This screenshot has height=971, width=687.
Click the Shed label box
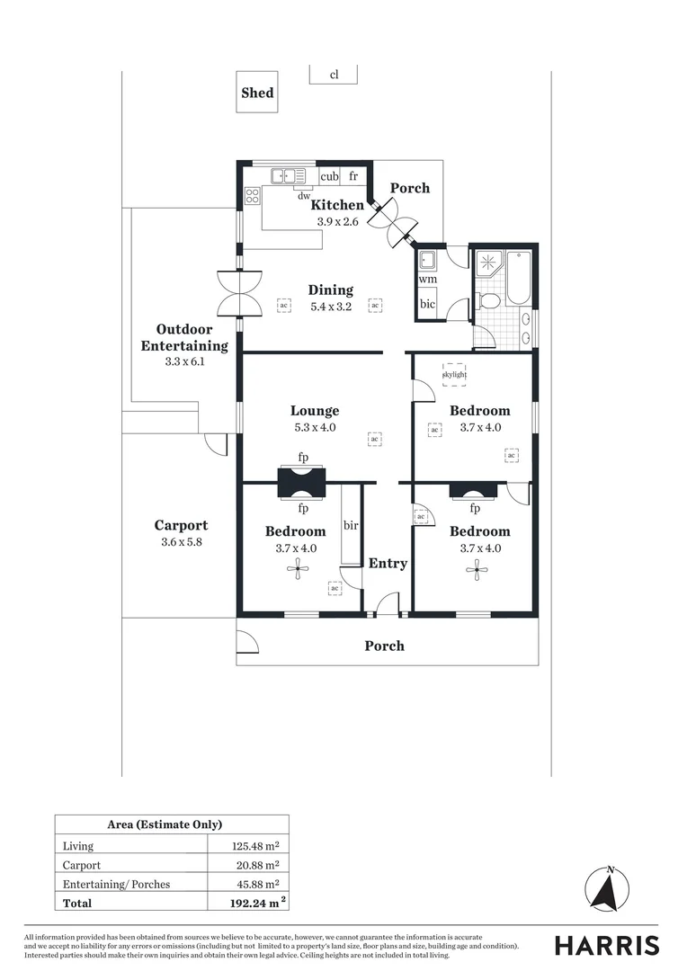pos(257,93)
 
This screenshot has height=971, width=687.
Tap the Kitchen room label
pos(337,205)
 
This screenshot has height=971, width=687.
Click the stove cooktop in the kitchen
pos(253,195)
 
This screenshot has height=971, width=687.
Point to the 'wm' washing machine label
pos(427,280)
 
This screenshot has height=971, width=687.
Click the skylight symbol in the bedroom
pos(454,373)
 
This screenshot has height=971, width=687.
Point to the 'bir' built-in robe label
pos(351,524)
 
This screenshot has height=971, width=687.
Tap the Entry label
pos(388,563)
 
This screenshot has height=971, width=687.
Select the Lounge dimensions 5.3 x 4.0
pos(314,428)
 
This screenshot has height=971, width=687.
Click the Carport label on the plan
pos(181,526)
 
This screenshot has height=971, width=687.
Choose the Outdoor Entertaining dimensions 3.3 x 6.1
pos(184,361)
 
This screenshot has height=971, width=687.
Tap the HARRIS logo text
pos(606,945)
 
